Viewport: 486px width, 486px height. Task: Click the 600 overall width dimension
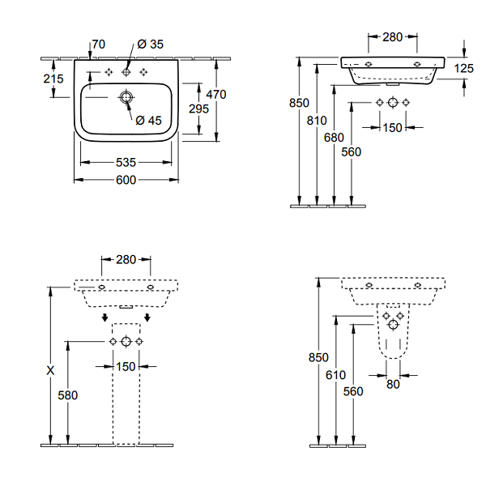pyautogui.click(x=125, y=180)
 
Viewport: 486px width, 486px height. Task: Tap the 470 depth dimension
pyautogui.click(x=216, y=94)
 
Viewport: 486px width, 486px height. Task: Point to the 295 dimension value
pyautogui.click(x=198, y=109)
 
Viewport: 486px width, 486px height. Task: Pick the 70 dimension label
pyautogui.click(x=99, y=44)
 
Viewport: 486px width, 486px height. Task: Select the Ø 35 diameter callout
pyautogui.click(x=151, y=44)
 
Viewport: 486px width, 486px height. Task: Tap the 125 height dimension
pyautogui.click(x=463, y=69)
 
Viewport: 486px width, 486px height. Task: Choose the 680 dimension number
pyautogui.click(x=334, y=138)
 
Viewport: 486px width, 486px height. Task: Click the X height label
pyautogui.click(x=50, y=370)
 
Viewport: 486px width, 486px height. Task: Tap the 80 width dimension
pyautogui.click(x=392, y=385)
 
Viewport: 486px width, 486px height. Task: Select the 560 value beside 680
pyautogui.click(x=352, y=151)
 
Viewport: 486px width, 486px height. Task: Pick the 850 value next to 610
pyautogui.click(x=318, y=357)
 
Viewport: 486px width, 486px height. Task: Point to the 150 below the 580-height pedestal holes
pyautogui.click(x=126, y=367)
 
